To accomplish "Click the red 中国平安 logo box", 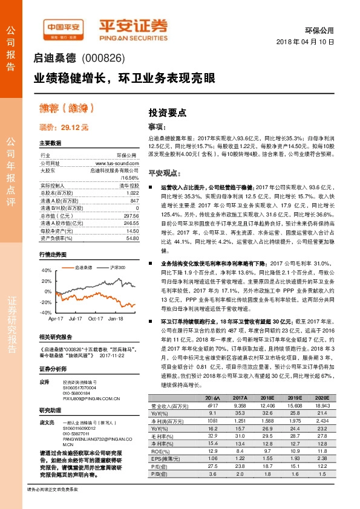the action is (x=63, y=28).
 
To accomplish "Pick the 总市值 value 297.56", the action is (x=131, y=215).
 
